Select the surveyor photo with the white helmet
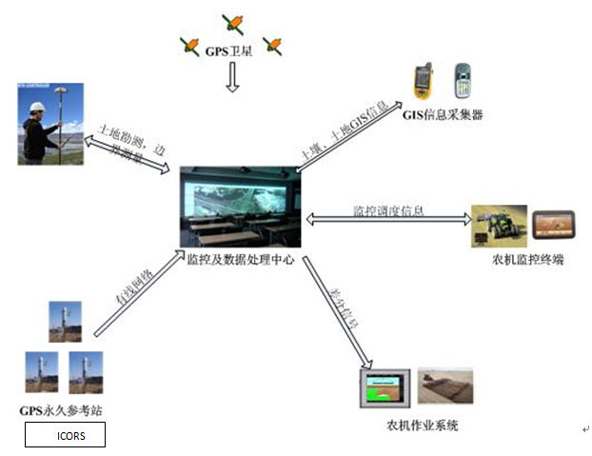(x=49, y=123)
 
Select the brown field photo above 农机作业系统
(x=445, y=386)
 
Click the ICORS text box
(x=65, y=435)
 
